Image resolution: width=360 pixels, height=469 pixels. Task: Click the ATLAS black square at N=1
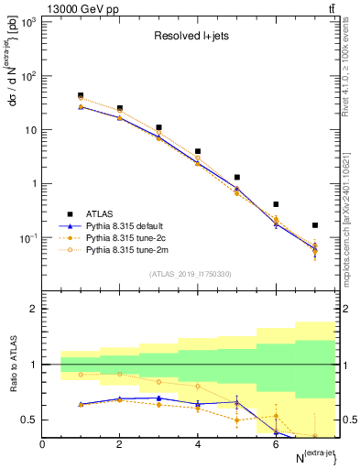coord(81,95)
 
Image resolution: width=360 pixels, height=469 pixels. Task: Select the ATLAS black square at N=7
coord(315,224)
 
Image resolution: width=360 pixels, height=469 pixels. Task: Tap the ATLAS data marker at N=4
coord(198,151)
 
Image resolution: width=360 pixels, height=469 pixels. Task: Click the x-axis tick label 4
coord(198,444)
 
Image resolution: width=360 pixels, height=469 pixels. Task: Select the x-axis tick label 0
coord(42,444)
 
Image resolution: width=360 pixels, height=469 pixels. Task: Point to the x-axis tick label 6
coord(276,444)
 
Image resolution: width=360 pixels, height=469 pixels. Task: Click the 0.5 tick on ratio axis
coord(29,420)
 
